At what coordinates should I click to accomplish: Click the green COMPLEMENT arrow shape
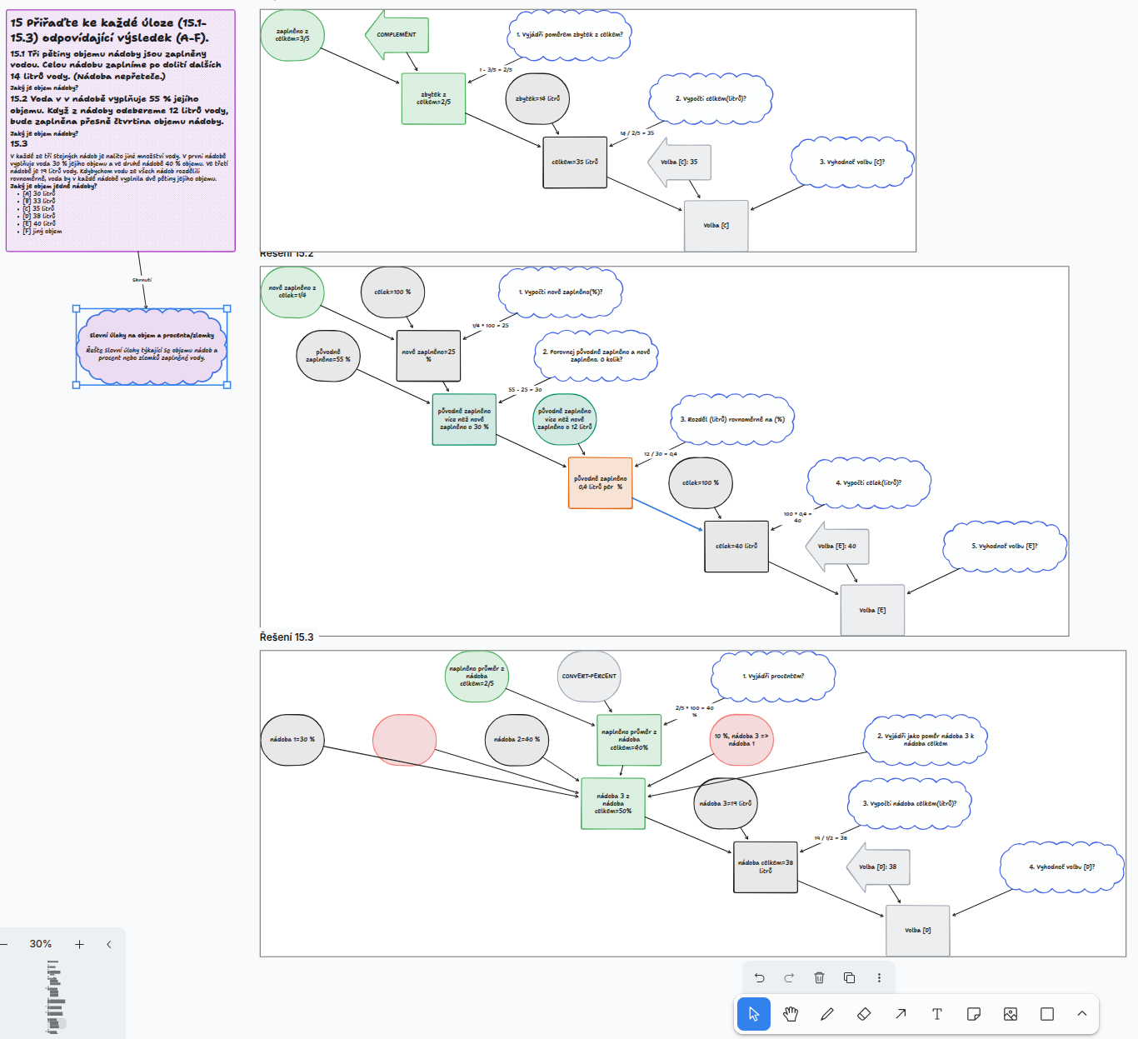pos(397,35)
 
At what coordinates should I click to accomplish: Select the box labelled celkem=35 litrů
pos(575,162)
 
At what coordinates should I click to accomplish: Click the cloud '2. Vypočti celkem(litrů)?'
pos(710,98)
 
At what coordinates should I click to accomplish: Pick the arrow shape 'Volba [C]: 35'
pos(681,162)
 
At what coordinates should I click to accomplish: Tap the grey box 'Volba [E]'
pos(872,611)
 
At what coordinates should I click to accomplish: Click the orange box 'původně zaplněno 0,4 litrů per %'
pos(600,483)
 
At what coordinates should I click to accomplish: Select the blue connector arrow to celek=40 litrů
pos(668,514)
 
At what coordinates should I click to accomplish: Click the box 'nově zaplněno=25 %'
pos(428,356)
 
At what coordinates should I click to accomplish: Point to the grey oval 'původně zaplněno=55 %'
pos(328,356)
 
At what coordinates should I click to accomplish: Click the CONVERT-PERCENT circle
pos(589,677)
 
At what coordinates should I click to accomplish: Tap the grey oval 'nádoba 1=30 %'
pos(292,740)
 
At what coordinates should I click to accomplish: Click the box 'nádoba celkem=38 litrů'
pos(765,867)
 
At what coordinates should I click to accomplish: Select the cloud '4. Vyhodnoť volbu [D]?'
pos(1061,867)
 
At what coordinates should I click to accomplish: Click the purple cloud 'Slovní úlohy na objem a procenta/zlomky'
pos(152,347)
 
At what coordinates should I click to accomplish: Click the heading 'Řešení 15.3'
pos(287,637)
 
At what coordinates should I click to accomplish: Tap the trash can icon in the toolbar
pos(819,978)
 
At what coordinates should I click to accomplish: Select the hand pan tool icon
pos(791,1014)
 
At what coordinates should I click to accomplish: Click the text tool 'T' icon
pos(937,1014)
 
